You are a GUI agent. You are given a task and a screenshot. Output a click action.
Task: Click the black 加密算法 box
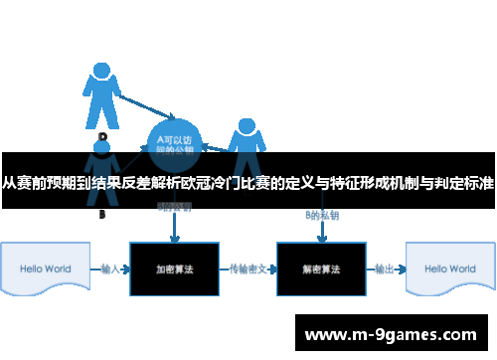pos(174,269)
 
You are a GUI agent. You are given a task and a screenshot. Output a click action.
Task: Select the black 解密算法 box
pos(321,269)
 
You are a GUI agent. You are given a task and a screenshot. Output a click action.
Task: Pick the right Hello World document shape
pos(448,269)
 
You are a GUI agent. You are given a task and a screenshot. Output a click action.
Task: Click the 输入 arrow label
pos(110,269)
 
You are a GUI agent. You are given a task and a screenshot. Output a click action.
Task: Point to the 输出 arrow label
pos(384,269)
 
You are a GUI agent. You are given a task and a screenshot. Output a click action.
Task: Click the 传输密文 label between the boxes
pos(248,269)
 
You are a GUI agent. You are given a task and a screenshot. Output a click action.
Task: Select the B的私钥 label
pos(320,215)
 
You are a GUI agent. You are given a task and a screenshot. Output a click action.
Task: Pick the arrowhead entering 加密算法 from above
pos(175,239)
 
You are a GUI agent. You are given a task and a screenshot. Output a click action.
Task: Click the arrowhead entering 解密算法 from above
pos(321,239)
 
